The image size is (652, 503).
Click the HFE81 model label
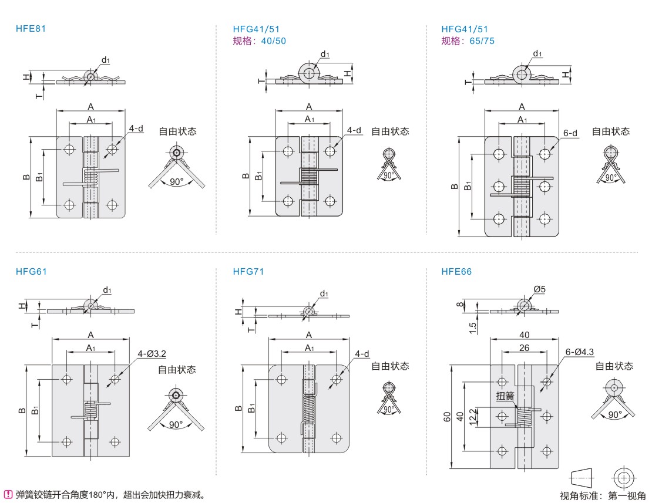(x=31, y=28)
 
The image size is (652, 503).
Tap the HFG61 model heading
(x=31, y=271)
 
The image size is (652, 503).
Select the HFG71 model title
(x=248, y=271)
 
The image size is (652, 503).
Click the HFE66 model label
(x=456, y=271)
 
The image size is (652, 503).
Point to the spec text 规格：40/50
(x=260, y=40)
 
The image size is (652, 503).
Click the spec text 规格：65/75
(x=468, y=40)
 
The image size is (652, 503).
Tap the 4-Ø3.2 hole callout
(x=152, y=353)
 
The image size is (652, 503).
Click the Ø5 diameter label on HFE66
(x=540, y=289)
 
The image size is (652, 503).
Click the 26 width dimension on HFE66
(x=524, y=348)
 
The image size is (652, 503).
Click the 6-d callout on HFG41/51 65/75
(x=570, y=133)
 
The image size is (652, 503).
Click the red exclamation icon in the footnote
(x=8, y=494)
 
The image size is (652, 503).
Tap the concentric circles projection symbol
(x=624, y=476)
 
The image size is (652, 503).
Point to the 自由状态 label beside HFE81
(x=177, y=131)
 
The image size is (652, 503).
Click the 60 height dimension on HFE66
(x=447, y=417)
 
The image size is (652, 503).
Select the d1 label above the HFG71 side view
(x=324, y=293)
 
